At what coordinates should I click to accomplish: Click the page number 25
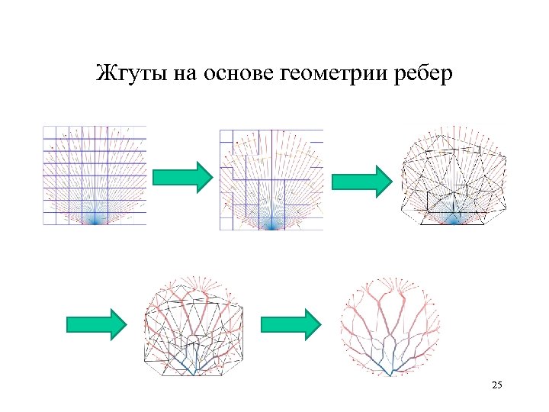(x=497, y=387)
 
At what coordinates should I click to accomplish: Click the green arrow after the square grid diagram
(x=182, y=178)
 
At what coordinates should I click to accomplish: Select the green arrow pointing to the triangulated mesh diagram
(x=361, y=180)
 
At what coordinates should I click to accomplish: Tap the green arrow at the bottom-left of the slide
(x=95, y=324)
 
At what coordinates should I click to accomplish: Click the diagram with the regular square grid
(x=95, y=175)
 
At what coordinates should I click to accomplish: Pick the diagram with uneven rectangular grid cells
(x=271, y=179)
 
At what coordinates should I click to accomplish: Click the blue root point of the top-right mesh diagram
(x=454, y=220)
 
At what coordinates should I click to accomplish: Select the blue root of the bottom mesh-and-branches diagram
(x=196, y=372)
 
